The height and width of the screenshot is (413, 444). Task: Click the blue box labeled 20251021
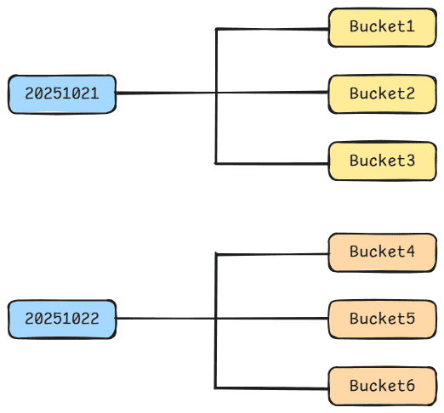click(62, 94)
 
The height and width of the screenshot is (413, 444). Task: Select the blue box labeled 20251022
click(62, 320)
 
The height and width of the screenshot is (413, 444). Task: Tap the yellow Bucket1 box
click(381, 27)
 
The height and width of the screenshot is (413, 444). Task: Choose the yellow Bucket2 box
click(381, 93)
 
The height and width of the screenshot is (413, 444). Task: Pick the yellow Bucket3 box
click(381, 161)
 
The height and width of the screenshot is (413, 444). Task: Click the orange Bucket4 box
click(381, 252)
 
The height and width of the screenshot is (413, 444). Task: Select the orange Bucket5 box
click(381, 320)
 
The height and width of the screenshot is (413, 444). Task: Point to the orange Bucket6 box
click(381, 387)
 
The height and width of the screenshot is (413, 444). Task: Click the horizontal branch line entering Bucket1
click(272, 30)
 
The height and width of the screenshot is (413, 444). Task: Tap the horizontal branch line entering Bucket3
click(272, 162)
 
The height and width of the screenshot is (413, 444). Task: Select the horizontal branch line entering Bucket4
click(272, 254)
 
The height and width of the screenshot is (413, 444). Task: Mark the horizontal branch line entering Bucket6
click(272, 388)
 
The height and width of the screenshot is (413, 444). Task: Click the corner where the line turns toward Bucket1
click(217, 30)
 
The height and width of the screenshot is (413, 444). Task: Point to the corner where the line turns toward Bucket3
click(217, 162)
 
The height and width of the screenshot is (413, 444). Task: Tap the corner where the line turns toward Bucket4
click(217, 254)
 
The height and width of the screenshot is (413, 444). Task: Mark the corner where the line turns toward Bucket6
click(217, 388)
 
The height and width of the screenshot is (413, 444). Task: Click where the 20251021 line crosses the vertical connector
click(217, 93)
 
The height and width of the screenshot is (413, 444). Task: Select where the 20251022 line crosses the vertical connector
click(217, 319)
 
